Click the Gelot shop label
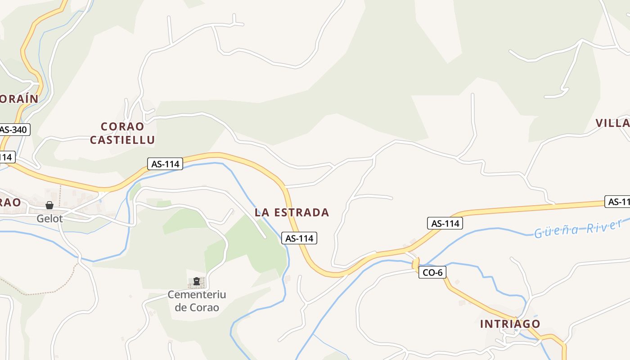tap(49, 219)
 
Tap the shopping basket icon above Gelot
tap(49, 205)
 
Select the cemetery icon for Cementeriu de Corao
tap(196, 282)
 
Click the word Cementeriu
tap(197, 295)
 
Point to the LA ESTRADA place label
tap(292, 212)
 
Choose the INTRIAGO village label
tap(510, 324)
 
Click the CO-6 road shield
tap(432, 272)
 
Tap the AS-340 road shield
tap(14, 130)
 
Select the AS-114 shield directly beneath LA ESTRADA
tap(299, 238)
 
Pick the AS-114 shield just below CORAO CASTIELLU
tap(165, 164)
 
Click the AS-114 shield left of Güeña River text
tap(445, 223)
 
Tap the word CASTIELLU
tap(122, 140)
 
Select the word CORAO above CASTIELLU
tap(122, 126)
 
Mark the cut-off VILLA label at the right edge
tap(612, 123)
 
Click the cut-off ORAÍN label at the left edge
tap(18, 99)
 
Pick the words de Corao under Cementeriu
tap(197, 308)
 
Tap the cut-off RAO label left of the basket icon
tap(10, 202)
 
